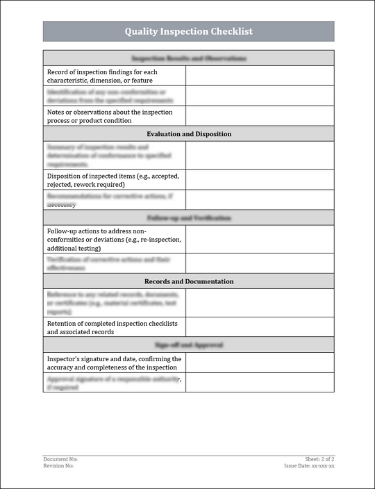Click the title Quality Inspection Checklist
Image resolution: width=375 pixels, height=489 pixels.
tap(188, 31)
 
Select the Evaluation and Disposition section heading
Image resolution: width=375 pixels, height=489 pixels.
tap(189, 134)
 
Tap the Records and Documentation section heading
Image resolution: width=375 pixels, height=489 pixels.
tap(189, 281)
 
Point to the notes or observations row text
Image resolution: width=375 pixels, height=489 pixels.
tap(110, 116)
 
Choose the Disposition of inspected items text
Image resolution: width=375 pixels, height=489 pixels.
tap(113, 180)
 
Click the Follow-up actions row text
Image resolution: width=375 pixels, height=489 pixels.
tap(114, 239)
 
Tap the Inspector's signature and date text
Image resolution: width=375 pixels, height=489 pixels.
tap(114, 363)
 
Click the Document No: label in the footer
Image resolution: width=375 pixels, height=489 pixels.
tap(60, 459)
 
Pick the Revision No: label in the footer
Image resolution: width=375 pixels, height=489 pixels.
tap(58, 465)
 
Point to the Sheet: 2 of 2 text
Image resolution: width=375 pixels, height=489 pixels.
tap(319, 459)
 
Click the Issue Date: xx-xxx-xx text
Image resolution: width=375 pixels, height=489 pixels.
tap(310, 465)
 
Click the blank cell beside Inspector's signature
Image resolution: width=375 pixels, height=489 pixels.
tap(260, 363)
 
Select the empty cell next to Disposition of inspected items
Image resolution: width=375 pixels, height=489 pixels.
tap(260, 180)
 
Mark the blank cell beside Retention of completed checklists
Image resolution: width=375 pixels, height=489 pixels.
tap(260, 328)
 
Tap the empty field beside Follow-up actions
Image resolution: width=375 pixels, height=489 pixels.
tap(260, 239)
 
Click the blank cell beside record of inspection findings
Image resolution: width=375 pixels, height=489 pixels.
tap(260, 76)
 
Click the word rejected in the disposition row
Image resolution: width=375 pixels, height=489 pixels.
tap(61, 185)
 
